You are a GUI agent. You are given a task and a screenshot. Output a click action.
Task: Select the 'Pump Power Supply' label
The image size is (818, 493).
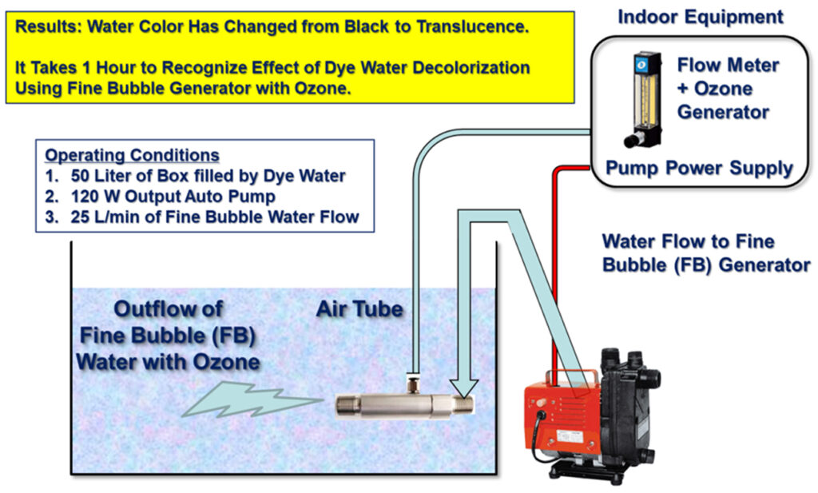click(698, 169)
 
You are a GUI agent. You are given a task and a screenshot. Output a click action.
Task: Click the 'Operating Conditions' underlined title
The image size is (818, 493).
click(132, 155)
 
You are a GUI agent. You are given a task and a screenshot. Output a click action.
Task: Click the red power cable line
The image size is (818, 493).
click(553, 264)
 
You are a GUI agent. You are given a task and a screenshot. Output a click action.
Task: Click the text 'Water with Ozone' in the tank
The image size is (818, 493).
click(168, 361)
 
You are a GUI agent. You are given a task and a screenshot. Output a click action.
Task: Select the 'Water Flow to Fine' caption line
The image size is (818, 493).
click(688, 241)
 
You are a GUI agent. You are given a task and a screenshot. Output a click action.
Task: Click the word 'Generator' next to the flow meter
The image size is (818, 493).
click(723, 112)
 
